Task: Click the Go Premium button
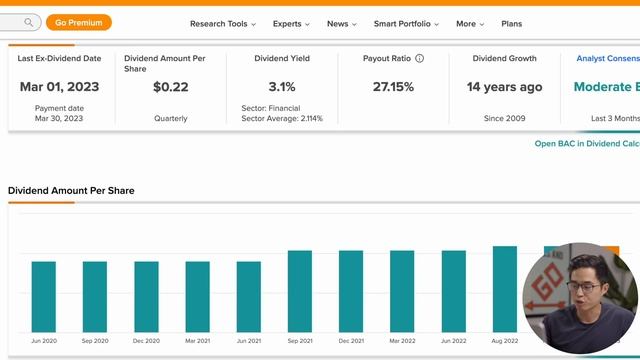pos(79,22)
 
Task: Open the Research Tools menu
pos(222,23)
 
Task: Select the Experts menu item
pos(291,23)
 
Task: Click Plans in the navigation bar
pos(511,23)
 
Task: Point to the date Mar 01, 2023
pos(59,87)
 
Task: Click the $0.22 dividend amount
pos(171,87)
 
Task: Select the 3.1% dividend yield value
pos(282,87)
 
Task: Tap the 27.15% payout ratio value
pos(393,87)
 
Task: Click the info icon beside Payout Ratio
pos(419,59)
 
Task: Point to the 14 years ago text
pos(504,87)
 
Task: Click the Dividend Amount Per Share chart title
pos(71,190)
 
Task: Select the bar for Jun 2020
pos(44,296)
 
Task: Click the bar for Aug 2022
pos(505,288)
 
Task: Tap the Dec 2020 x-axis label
pos(146,341)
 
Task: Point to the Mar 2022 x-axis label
pos(402,341)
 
